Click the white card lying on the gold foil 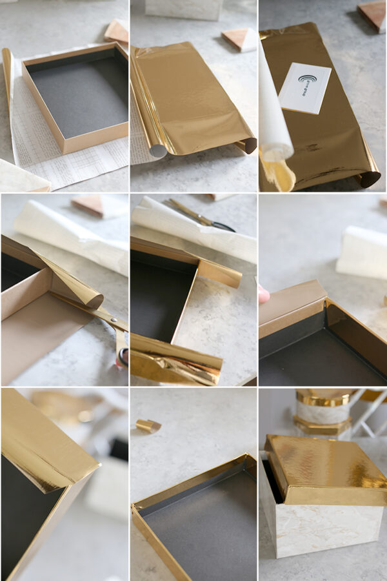pos(305,88)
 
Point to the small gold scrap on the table pos(148,426)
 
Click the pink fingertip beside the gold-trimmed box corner pos(263,294)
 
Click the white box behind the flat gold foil pos(184,8)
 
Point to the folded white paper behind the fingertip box pos(361,252)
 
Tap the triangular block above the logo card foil pos(373,15)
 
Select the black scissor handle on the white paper pos(223,226)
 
